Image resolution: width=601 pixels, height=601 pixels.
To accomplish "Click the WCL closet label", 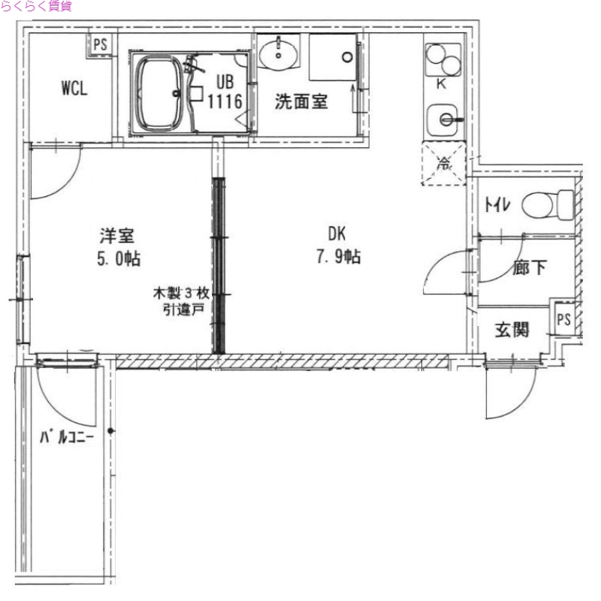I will tap(74, 88).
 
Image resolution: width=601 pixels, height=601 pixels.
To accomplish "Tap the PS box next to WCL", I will tap(100, 44).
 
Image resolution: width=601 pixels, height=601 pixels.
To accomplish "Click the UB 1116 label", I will tap(225, 92).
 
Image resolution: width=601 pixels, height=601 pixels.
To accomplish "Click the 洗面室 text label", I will tap(300, 103).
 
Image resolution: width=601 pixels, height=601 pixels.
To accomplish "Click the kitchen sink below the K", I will tap(443, 118).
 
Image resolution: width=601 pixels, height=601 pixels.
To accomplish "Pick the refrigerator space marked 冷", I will tap(445, 164).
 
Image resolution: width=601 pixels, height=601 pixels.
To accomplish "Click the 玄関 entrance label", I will tap(512, 329).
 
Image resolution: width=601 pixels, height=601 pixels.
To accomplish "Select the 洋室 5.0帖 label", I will tap(116, 246).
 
